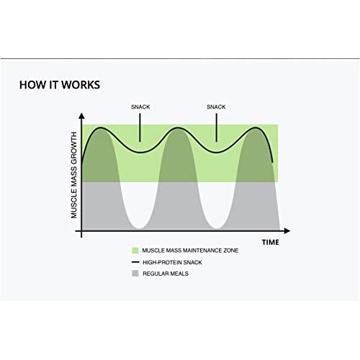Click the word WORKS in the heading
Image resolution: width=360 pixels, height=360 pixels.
point(81,85)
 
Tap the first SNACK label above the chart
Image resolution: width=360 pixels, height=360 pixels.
point(140,107)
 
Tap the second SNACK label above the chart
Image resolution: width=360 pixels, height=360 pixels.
point(216,107)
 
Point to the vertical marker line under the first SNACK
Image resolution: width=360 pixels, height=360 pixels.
point(140,127)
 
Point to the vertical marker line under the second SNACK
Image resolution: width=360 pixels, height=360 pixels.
point(217,127)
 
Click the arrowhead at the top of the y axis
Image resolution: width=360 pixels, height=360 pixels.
point(81,116)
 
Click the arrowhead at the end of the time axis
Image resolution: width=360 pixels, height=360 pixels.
point(287,231)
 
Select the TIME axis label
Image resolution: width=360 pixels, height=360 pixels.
point(271,243)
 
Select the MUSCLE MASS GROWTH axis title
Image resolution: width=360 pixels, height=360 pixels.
point(74,175)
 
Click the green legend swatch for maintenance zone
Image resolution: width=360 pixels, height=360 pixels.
point(135,251)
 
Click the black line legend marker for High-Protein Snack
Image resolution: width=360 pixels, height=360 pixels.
point(135,262)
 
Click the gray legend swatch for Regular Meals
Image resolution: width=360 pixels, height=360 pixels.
point(135,274)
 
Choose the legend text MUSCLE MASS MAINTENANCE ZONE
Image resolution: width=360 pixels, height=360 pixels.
point(190,251)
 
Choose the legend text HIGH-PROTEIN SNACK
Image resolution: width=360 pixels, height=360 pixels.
point(172,263)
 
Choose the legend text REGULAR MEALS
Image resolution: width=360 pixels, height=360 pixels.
point(166,274)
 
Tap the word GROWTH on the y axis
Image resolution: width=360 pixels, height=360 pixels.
point(74,147)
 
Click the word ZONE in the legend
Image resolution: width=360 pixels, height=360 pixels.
point(231,251)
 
